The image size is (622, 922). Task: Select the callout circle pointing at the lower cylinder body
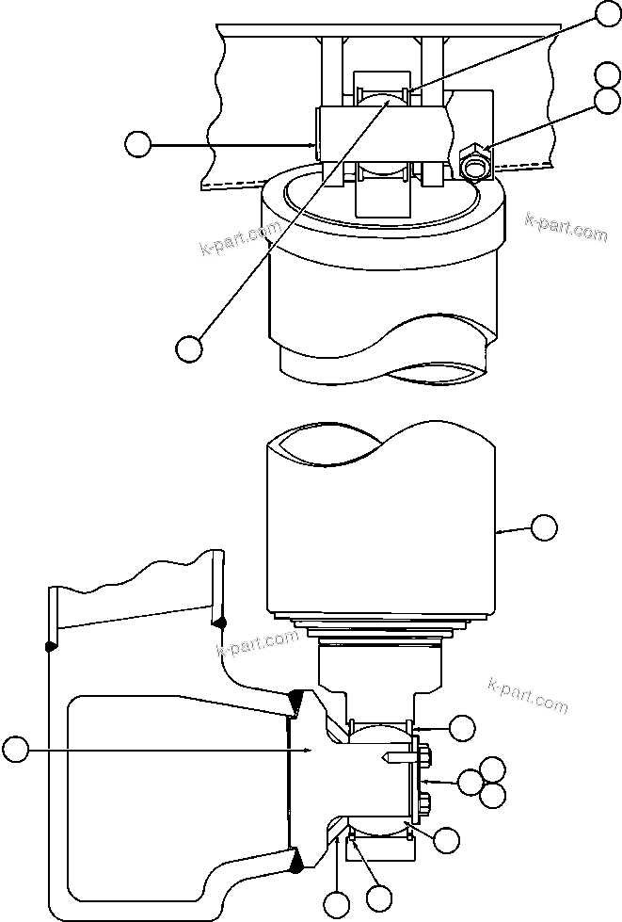[544, 527]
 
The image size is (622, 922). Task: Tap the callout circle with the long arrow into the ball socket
[14, 750]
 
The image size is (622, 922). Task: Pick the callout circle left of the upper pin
[137, 144]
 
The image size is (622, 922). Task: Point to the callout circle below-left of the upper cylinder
[189, 348]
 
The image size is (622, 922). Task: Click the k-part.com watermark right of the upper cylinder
[566, 227]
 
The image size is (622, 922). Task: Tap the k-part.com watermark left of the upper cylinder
[242, 238]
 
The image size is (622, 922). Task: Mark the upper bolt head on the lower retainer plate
[425, 754]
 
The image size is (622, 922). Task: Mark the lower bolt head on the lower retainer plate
[425, 803]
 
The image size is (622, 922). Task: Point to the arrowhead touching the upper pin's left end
[315, 144]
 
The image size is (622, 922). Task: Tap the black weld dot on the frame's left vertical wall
[48, 646]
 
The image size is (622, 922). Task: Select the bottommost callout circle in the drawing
[336, 906]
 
